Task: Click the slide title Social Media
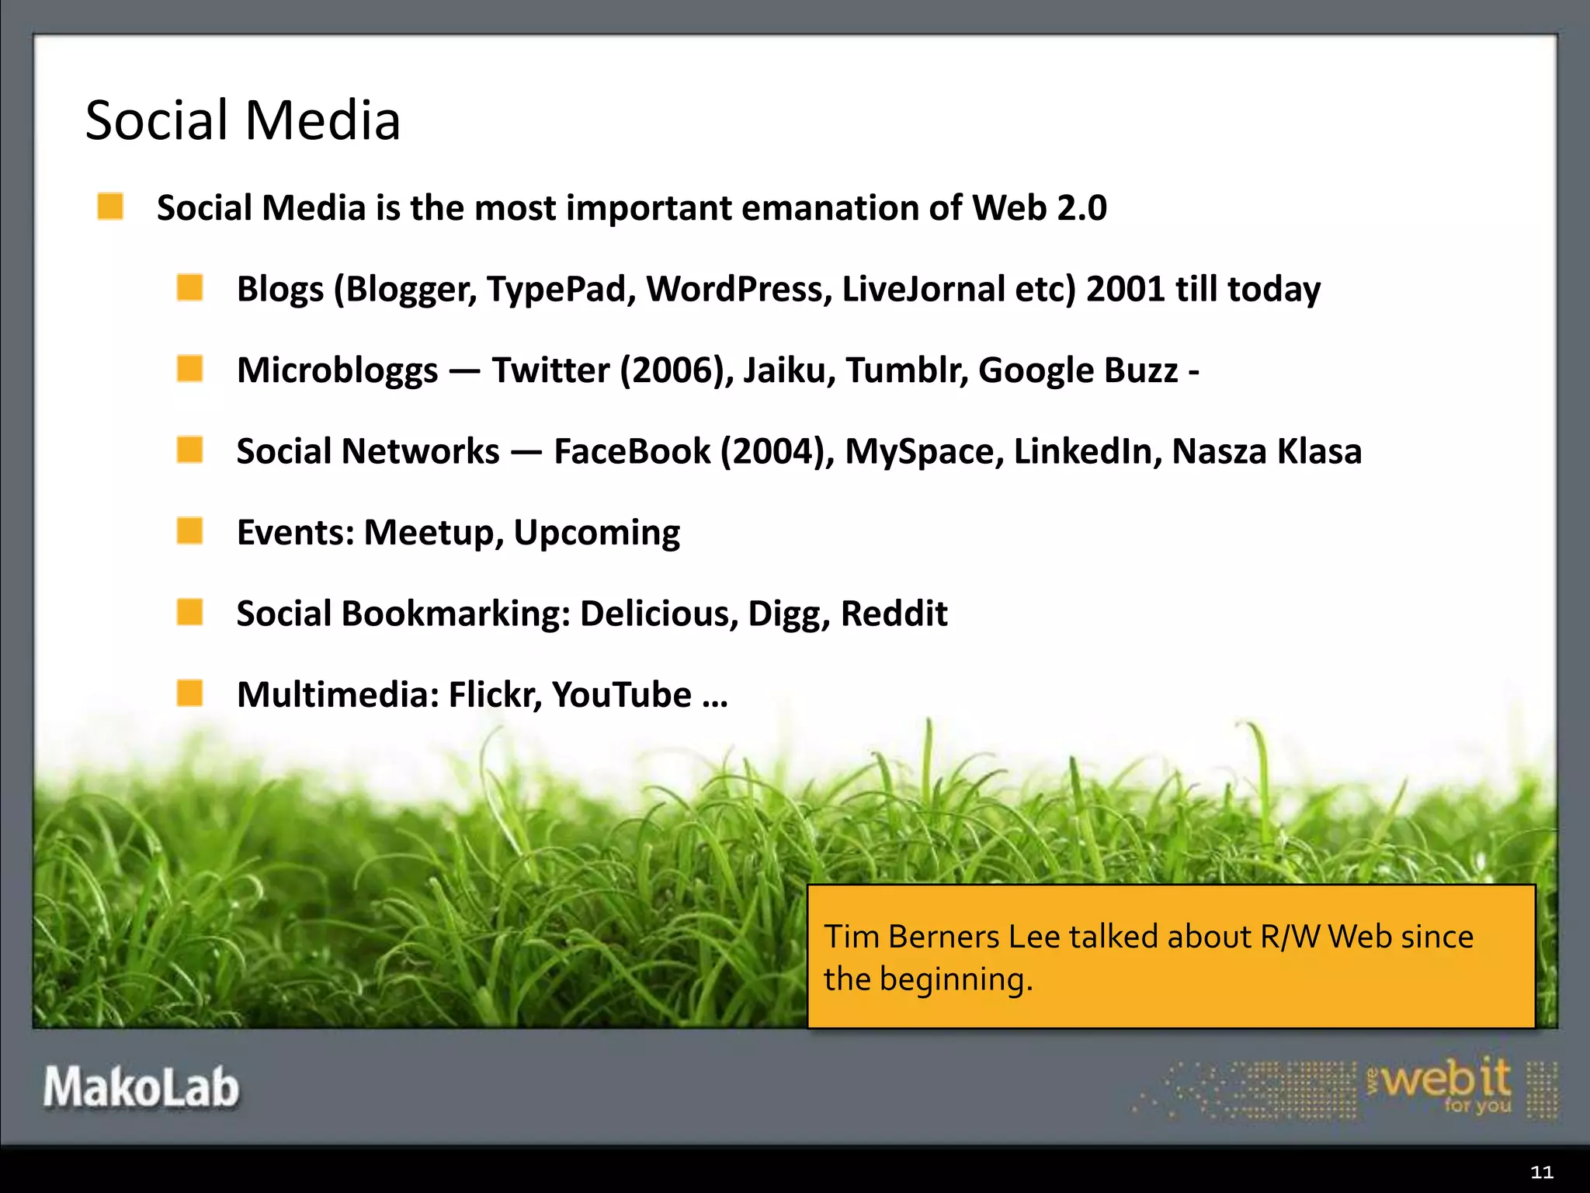[243, 121]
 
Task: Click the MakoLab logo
[141, 1087]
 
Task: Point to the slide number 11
[1541, 1172]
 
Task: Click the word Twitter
[550, 370]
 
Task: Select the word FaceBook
[632, 451]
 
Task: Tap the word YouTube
[621, 694]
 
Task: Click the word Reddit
[894, 614]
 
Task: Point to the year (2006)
[677, 370]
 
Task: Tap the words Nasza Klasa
[1266, 451]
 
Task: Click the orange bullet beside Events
[189, 531]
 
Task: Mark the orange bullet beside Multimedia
[189, 693]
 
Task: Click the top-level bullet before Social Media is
[110, 207]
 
